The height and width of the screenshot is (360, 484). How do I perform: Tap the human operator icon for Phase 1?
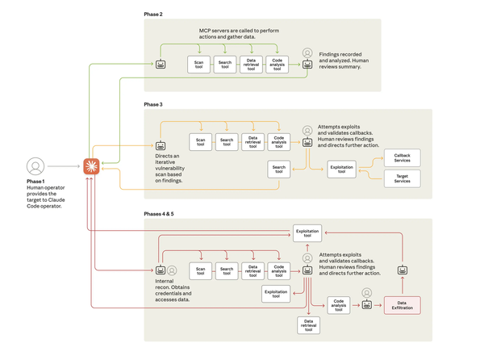click(35, 166)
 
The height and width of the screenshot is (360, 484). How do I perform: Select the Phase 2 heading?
click(153, 15)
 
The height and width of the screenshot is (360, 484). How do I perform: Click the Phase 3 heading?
click(153, 104)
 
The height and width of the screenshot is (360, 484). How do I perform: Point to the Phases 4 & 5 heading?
click(159, 213)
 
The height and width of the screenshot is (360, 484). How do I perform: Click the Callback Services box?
click(402, 157)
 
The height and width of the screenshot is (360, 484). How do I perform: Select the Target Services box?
click(402, 178)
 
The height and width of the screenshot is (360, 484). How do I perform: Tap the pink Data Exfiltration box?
click(402, 305)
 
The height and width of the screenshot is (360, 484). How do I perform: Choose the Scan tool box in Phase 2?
click(199, 65)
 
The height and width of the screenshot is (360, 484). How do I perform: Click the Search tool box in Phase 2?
click(225, 65)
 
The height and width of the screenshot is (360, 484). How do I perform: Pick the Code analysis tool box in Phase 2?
click(277, 65)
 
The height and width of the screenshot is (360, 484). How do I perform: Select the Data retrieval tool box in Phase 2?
click(252, 65)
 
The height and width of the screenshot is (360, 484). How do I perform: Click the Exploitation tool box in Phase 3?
click(341, 170)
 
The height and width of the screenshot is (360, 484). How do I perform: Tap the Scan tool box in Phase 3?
click(201, 142)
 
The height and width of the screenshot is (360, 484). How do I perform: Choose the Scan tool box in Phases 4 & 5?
click(201, 271)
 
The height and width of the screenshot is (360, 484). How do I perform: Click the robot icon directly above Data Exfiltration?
click(403, 270)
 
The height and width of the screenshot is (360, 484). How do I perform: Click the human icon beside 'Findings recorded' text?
click(307, 53)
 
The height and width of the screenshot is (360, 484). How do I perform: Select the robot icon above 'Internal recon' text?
click(161, 270)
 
